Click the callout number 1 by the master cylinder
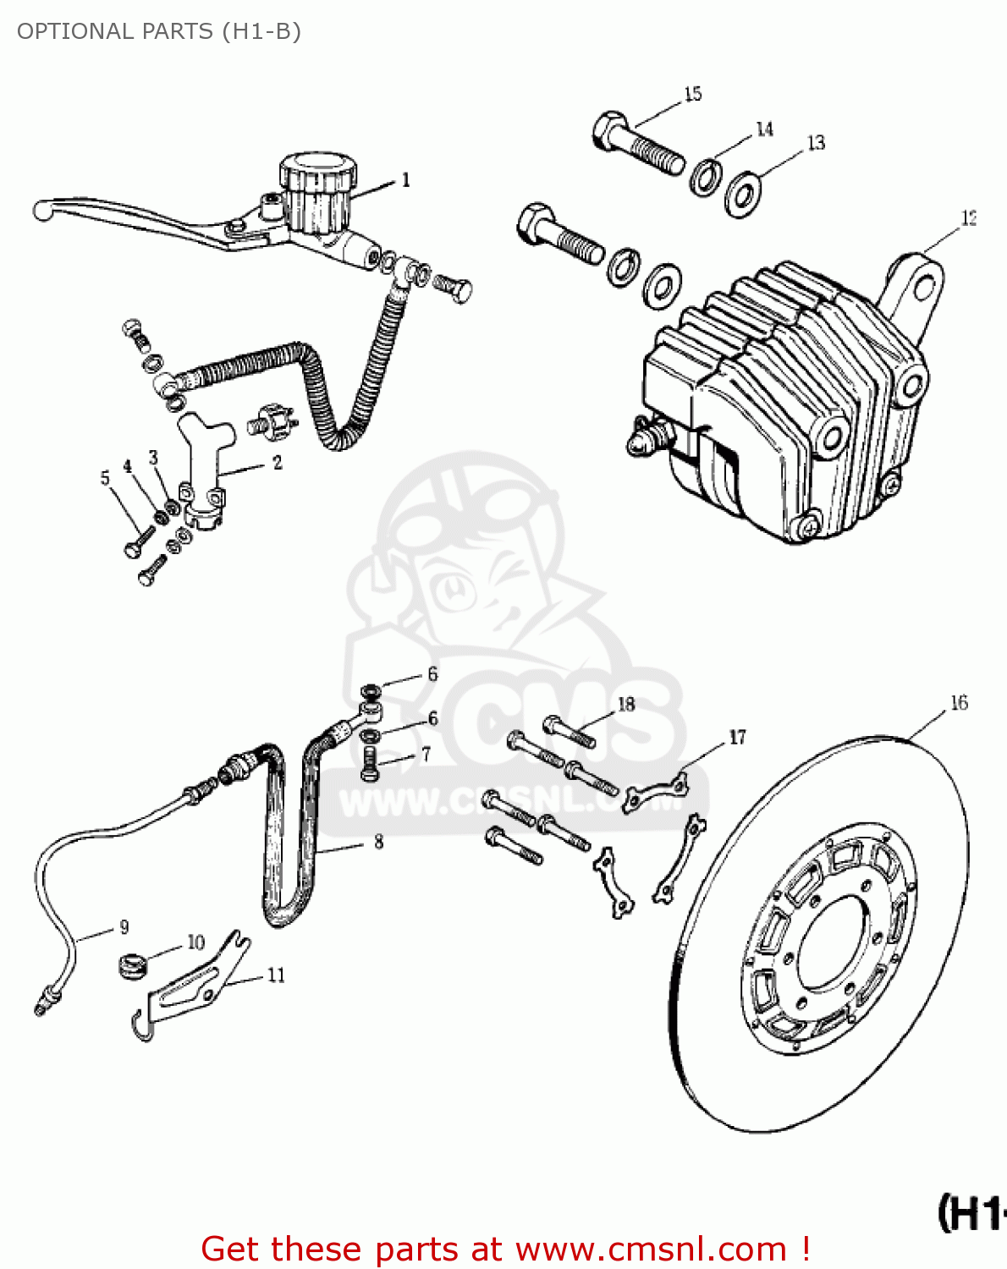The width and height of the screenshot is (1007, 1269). click(405, 180)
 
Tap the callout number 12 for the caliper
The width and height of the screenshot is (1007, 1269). click(969, 218)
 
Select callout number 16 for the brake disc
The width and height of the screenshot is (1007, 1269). click(959, 703)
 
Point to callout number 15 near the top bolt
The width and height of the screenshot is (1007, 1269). click(693, 94)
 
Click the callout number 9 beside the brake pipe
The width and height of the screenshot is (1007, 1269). click(124, 927)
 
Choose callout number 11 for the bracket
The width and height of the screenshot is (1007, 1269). click(276, 975)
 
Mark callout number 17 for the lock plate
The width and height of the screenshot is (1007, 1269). click(737, 738)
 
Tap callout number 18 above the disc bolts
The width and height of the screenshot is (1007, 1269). click(626, 705)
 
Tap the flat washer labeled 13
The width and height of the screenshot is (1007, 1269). click(743, 195)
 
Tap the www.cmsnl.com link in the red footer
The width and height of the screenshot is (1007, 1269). click(651, 1250)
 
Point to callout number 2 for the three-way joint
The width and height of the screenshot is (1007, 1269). click(277, 464)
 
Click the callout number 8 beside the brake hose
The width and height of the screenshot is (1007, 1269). click(378, 842)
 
